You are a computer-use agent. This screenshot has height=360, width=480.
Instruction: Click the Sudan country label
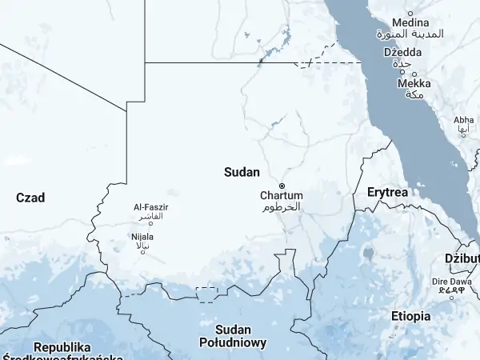tap(241, 171)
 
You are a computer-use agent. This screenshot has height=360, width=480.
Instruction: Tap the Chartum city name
tap(282, 195)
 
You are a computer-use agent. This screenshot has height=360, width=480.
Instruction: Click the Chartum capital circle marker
tap(282, 186)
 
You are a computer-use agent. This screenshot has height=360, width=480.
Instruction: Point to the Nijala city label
tap(143, 237)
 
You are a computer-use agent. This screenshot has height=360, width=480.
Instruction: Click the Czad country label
tap(30, 198)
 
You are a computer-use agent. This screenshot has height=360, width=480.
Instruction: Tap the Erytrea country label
tap(387, 193)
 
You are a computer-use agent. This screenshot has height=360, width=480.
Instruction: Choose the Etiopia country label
tap(410, 316)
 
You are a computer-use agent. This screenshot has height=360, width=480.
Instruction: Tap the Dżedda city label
tap(402, 53)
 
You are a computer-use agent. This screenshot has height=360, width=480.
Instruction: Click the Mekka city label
tap(414, 83)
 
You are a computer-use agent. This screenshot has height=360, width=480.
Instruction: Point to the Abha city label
tap(463, 120)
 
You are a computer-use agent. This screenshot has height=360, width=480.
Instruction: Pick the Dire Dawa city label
tap(451, 282)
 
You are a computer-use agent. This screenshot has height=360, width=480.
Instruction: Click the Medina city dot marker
tap(410, 14)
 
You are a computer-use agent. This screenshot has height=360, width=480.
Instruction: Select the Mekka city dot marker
tap(402, 73)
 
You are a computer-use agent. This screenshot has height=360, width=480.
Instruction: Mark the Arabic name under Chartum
tap(282, 206)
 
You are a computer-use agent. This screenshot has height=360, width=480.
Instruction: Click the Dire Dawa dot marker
tap(452, 297)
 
